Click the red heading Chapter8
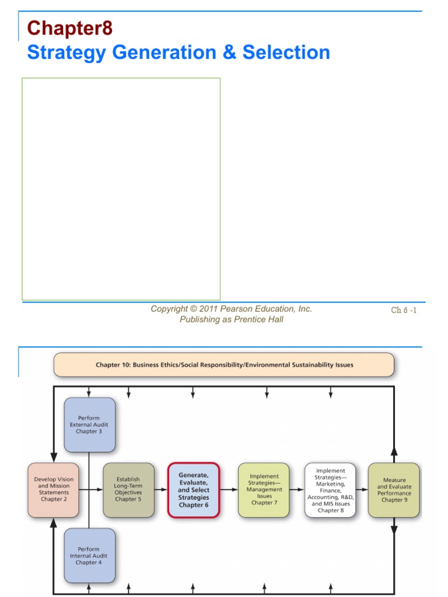[x=69, y=28]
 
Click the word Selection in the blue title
[x=286, y=52]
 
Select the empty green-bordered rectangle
[x=121, y=189]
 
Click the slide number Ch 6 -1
[x=404, y=310]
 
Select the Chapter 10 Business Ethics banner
[x=224, y=365]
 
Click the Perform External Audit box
[x=89, y=425]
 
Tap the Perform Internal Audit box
[x=89, y=556]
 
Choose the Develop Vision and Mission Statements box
[x=53, y=490]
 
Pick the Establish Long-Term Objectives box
[x=128, y=490]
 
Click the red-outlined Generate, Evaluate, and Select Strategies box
[x=194, y=490]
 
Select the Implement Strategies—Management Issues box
[x=264, y=490]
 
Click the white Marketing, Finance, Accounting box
[x=330, y=490]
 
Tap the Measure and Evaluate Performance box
[x=394, y=490]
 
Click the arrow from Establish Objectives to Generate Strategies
[x=161, y=490]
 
